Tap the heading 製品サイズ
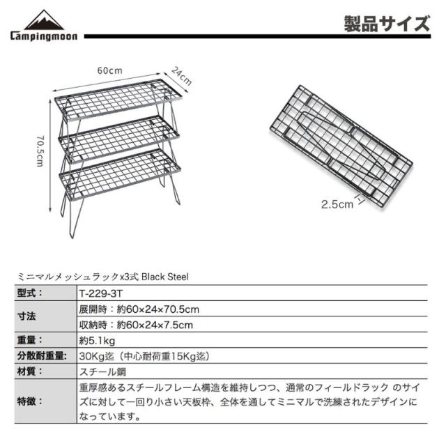pyautogui.click(x=387, y=25)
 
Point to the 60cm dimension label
pyautogui.click(x=109, y=70)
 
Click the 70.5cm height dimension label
pyautogui.click(x=40, y=149)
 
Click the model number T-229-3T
pyautogui.click(x=101, y=293)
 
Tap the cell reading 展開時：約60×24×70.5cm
pyautogui.click(x=140, y=309)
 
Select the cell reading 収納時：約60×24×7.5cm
pyautogui.click(x=136, y=325)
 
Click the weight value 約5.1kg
pyautogui.click(x=98, y=340)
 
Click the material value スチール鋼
pyautogui.click(x=102, y=371)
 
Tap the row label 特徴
pyautogui.click(x=29, y=402)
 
